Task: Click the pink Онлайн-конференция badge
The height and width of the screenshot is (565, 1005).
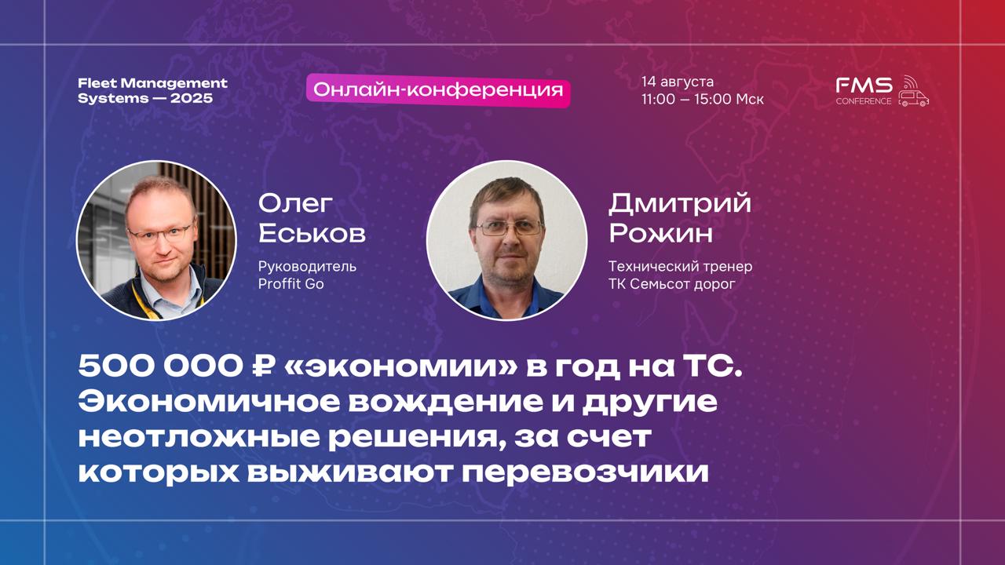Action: click(438, 90)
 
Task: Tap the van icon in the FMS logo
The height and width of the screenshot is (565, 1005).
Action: click(913, 97)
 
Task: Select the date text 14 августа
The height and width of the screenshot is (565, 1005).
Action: click(677, 82)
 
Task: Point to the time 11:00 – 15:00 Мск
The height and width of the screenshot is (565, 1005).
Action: click(702, 100)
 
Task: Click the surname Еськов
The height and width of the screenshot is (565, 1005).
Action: click(312, 233)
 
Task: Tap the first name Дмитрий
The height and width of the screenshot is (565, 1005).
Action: click(679, 203)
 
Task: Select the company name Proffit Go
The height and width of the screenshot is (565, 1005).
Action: click(291, 283)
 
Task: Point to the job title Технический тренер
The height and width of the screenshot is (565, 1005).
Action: click(680, 266)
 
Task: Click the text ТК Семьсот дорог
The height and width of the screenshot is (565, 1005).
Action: click(671, 283)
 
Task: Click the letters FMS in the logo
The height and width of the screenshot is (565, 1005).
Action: click(864, 85)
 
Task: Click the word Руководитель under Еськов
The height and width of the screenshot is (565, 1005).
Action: click(307, 266)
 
